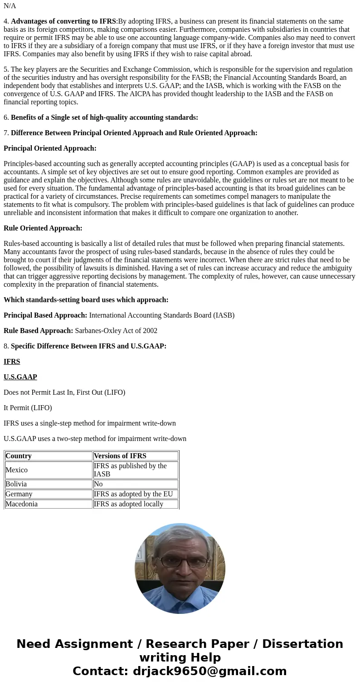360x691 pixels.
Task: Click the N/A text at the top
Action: (10, 6)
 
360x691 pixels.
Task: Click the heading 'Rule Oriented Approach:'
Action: (43, 228)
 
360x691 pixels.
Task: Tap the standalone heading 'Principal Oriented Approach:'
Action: (50, 148)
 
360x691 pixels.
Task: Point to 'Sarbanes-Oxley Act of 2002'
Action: (116, 331)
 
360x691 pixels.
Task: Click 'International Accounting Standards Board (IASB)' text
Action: (162, 315)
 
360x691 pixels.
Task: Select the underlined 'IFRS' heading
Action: (12, 362)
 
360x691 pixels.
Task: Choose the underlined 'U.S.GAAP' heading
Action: (20, 377)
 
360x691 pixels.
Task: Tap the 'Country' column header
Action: (19, 456)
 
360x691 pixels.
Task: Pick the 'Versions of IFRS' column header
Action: (120, 456)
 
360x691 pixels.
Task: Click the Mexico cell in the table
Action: (17, 470)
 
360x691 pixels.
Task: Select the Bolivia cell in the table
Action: (16, 484)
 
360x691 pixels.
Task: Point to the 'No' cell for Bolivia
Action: (98, 484)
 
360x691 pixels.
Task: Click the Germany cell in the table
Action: (19, 494)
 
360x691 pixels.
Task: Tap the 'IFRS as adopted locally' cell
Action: (129, 504)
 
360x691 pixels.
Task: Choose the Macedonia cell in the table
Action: (22, 504)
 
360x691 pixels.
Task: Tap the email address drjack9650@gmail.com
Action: (210, 671)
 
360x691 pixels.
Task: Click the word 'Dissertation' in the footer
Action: (302, 644)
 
